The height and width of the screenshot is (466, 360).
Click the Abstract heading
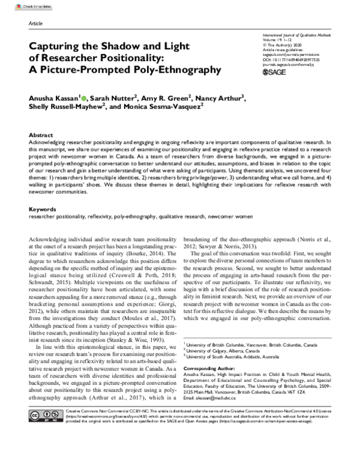[41, 136]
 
